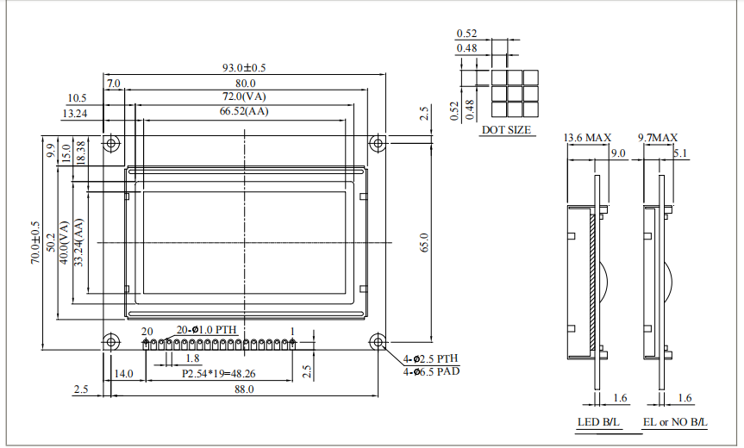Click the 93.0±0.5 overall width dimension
coord(244,67)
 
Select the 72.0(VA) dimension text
coord(244,96)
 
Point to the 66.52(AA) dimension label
coord(244,110)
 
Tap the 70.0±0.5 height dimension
coord(35,243)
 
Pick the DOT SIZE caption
coord(506,130)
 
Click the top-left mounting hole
coord(111,143)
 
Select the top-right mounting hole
coord(378,143)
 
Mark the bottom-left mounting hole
coord(111,342)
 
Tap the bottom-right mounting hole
coord(378,342)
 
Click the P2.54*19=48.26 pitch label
coord(218,375)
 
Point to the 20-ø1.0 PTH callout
coord(206,330)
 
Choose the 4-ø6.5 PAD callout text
coord(431,371)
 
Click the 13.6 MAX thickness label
coord(587,138)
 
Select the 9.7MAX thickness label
coord(657,138)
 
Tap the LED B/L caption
coord(598,423)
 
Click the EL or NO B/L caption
coord(675,423)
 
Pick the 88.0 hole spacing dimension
coord(244,389)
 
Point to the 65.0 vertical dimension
coord(422,243)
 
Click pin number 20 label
coord(147,331)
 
